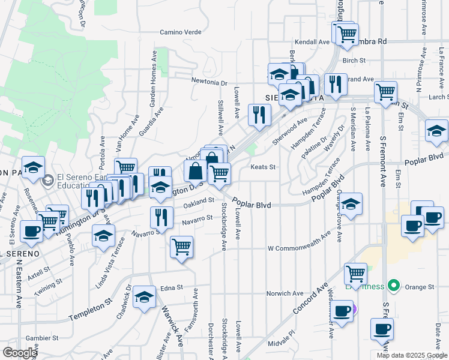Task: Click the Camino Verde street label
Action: pos(178,32)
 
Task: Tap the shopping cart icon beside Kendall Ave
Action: pos(346,34)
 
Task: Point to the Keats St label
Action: pos(262,167)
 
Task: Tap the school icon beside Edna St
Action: pos(145,297)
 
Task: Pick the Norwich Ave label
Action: pos(286,293)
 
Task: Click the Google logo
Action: pos(20,352)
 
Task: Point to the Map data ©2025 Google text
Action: pos(412,355)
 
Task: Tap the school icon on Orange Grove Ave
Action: pos(351,204)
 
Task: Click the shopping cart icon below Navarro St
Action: pos(181,246)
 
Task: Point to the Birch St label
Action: pos(354,61)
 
